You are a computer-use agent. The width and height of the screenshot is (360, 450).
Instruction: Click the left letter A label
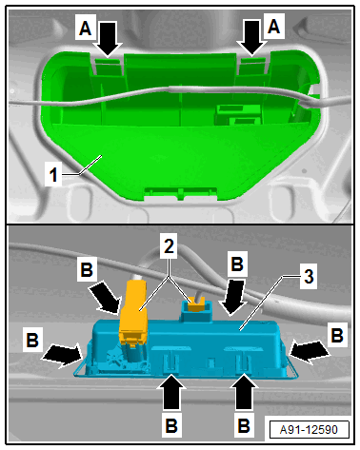(x=85, y=29)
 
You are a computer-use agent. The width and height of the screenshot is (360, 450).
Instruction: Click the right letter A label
(x=273, y=26)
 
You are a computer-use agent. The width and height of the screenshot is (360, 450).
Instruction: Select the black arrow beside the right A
(x=252, y=38)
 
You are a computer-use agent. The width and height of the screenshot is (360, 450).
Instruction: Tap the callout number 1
(x=53, y=175)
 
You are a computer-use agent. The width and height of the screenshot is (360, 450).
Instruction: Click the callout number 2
(x=169, y=246)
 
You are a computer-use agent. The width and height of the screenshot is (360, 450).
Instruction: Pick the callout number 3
(x=309, y=277)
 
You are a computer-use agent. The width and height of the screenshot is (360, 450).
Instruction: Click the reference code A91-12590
(x=309, y=430)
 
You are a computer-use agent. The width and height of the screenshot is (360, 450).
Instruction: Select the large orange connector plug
(x=133, y=309)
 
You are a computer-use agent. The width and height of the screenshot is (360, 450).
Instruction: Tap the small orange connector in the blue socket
(x=196, y=306)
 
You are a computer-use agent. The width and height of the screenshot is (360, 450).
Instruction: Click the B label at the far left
(x=32, y=340)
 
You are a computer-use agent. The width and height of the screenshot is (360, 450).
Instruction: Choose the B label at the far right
(x=337, y=335)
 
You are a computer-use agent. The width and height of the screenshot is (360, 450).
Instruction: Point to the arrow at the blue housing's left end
(x=62, y=354)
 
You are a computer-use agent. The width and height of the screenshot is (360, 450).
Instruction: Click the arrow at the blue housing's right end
(x=308, y=351)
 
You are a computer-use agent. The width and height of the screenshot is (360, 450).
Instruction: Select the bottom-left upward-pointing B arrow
(x=172, y=391)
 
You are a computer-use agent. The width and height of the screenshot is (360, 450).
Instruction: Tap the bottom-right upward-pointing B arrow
(x=245, y=391)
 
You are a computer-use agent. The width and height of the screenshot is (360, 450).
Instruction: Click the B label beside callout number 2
(x=237, y=264)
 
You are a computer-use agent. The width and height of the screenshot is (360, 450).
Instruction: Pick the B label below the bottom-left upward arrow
(x=171, y=425)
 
